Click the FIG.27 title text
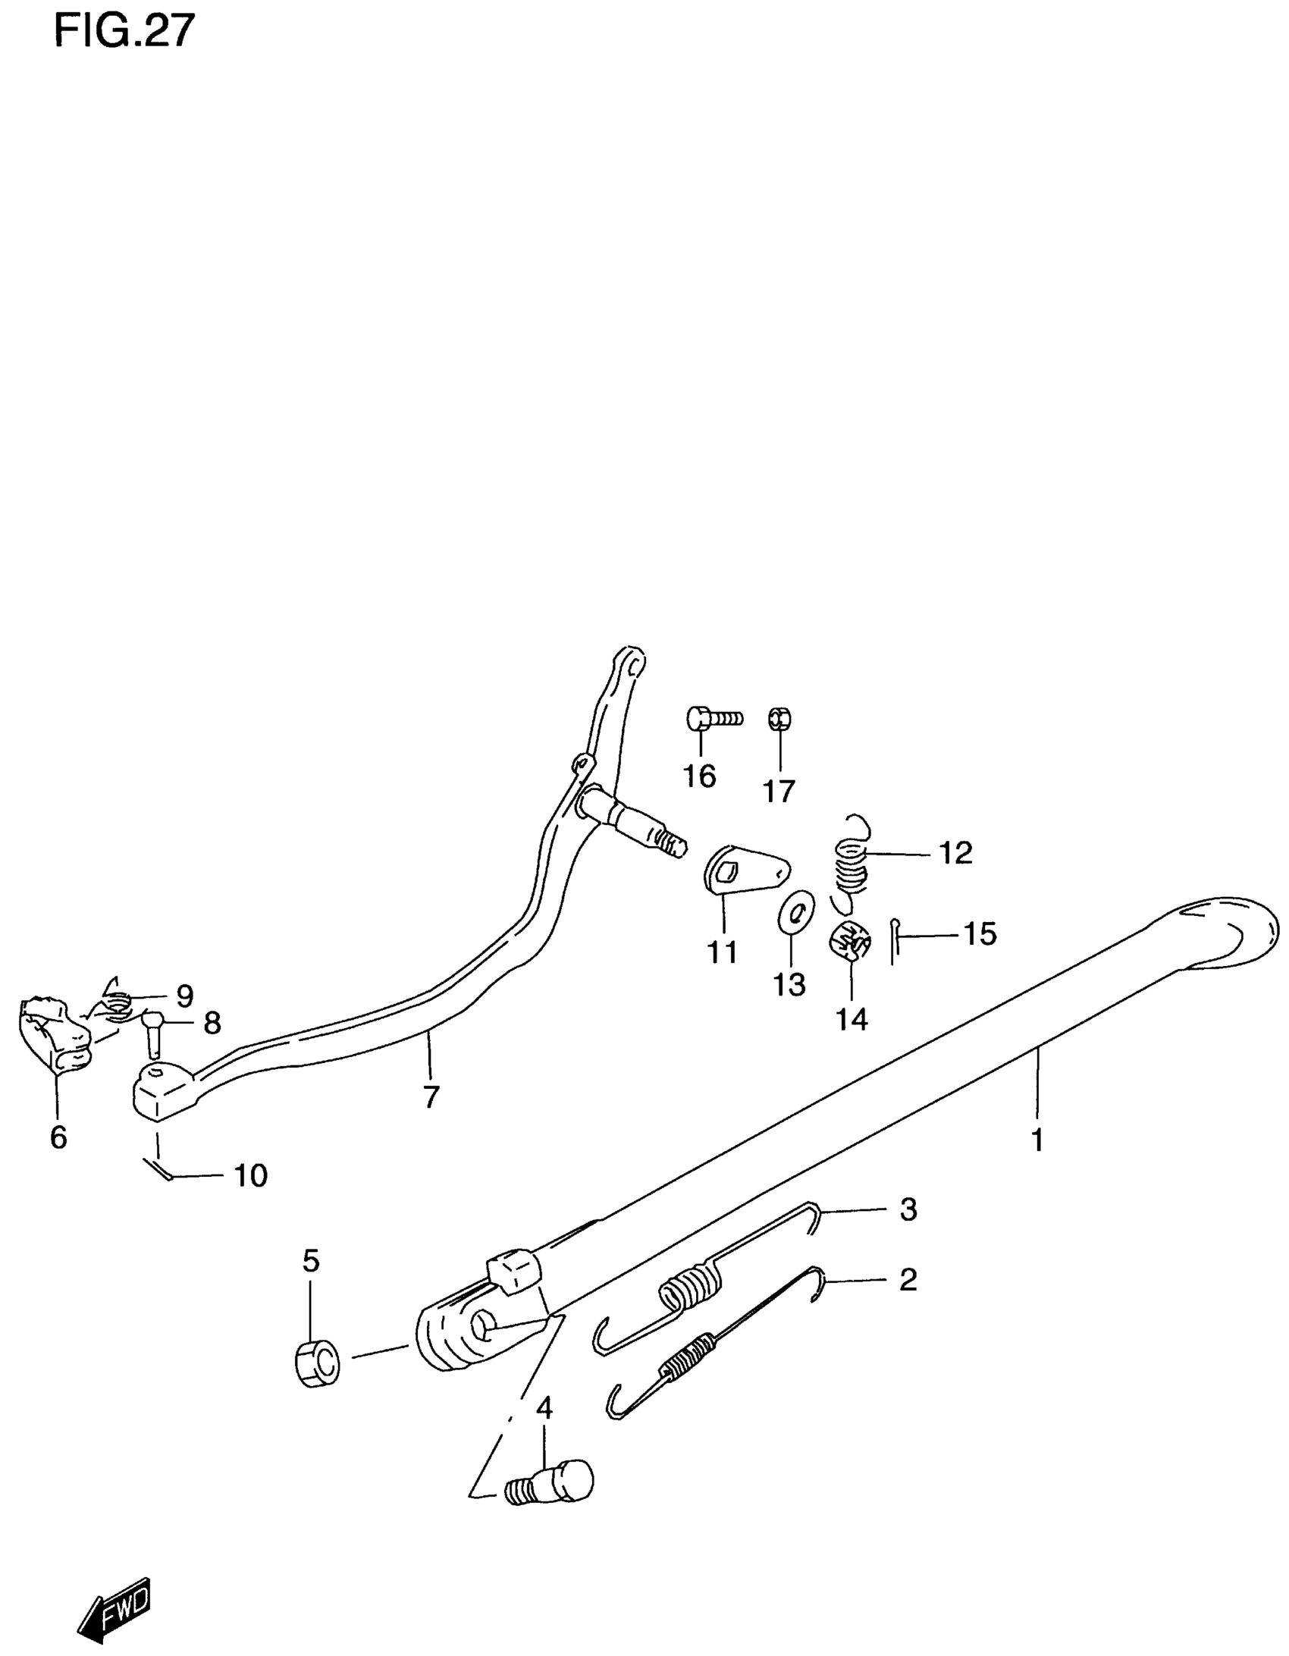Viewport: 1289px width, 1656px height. (124, 31)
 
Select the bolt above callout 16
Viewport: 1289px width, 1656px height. (713, 717)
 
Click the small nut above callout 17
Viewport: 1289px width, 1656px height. (780, 717)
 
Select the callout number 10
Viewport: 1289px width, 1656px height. (250, 1175)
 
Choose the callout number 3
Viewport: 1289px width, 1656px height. (908, 1209)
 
